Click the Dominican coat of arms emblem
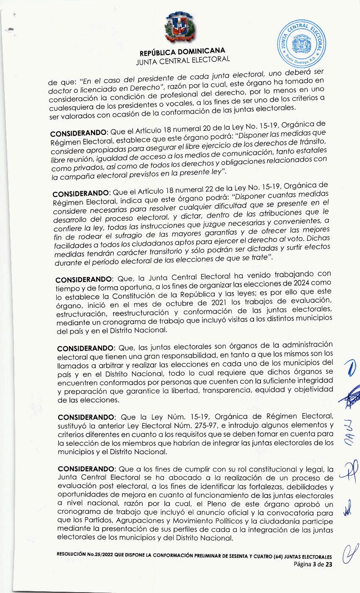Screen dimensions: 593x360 pyautogui.click(x=181, y=28)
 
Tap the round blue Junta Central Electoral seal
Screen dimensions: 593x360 pyautogui.click(x=302, y=44)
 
